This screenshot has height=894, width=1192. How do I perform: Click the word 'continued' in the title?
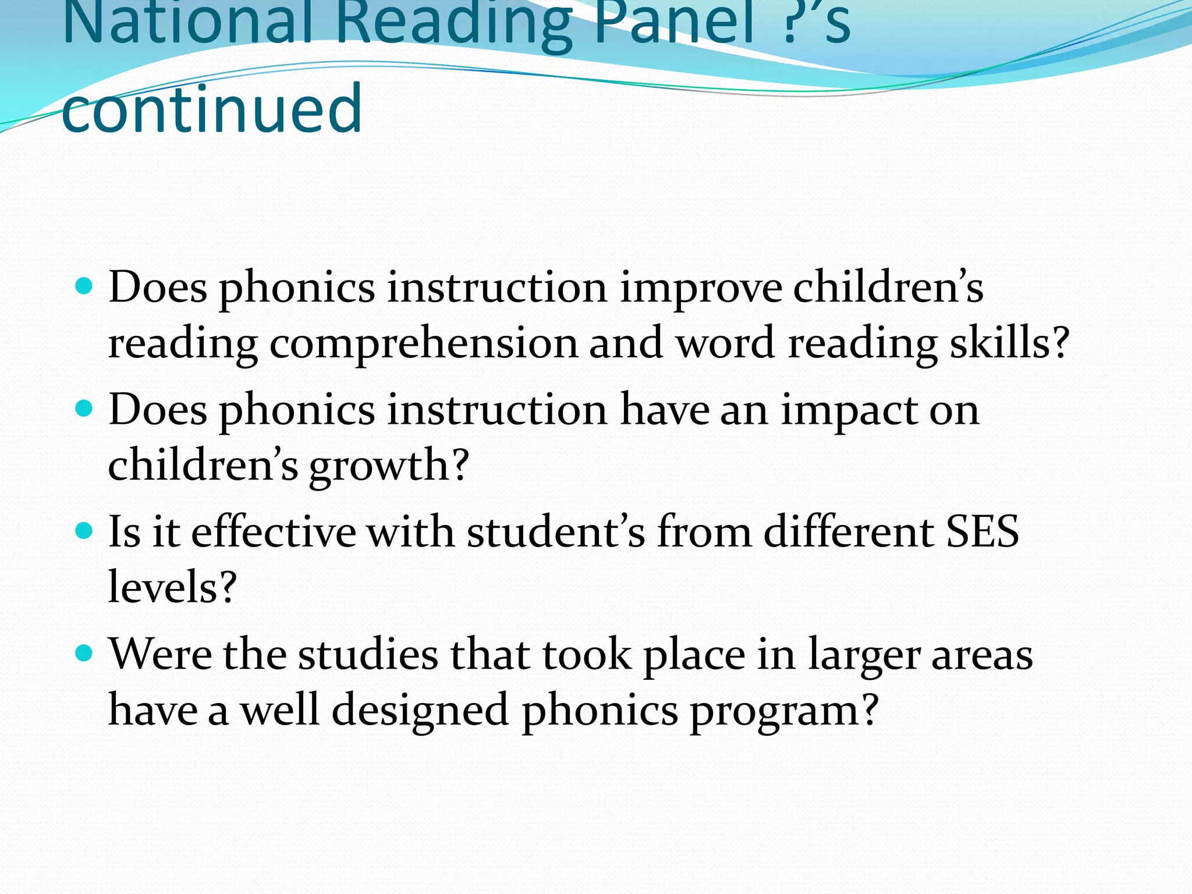212,109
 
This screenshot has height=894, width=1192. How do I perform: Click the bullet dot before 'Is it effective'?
84,531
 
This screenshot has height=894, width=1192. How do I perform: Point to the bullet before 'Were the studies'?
84,653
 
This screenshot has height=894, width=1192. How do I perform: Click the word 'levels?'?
172,587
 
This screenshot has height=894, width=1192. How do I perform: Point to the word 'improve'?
700,289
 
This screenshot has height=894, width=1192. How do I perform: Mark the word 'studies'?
368,654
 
